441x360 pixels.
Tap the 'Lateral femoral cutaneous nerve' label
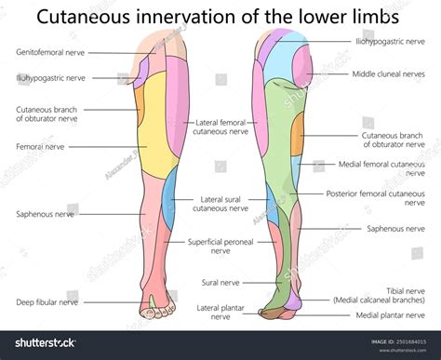[x=220, y=127]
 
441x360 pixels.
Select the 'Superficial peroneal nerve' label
[x=220, y=246]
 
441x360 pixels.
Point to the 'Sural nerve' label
[x=220, y=282]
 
